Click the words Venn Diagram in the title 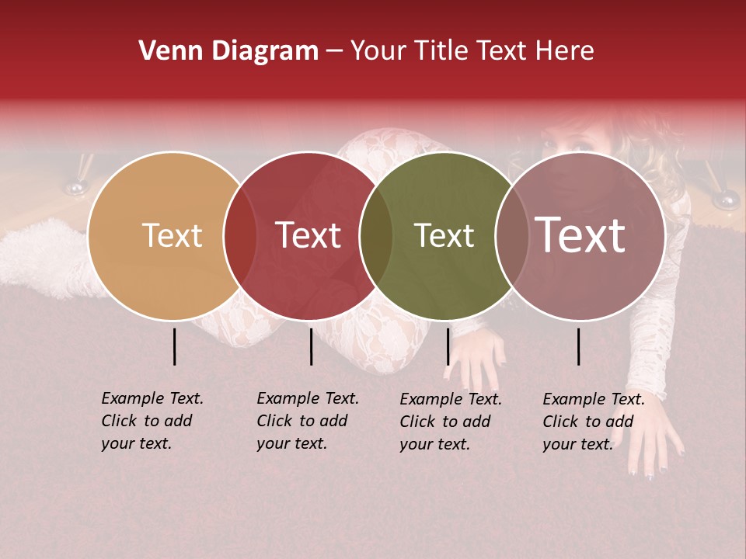[228, 51]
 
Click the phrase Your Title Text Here [472, 51]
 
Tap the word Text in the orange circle [172, 235]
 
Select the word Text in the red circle [309, 235]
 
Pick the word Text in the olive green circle [444, 235]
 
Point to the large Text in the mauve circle [580, 235]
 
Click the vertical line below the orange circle [175, 346]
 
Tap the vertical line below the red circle [311, 346]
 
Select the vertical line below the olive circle [448, 346]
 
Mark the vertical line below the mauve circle [579, 346]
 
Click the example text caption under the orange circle [152, 421]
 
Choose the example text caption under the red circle [308, 421]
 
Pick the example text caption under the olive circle [451, 422]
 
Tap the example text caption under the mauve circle [594, 422]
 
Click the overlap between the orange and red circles [240, 235]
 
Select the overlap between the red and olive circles [376, 235]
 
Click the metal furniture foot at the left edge [75, 187]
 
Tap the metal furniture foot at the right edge [726, 201]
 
